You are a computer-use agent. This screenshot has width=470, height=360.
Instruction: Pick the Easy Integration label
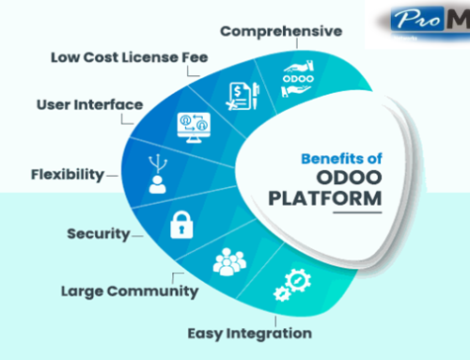point(248,332)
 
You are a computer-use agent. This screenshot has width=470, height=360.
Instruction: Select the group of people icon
point(228,264)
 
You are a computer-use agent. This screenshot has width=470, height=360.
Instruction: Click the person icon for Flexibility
point(156,178)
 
